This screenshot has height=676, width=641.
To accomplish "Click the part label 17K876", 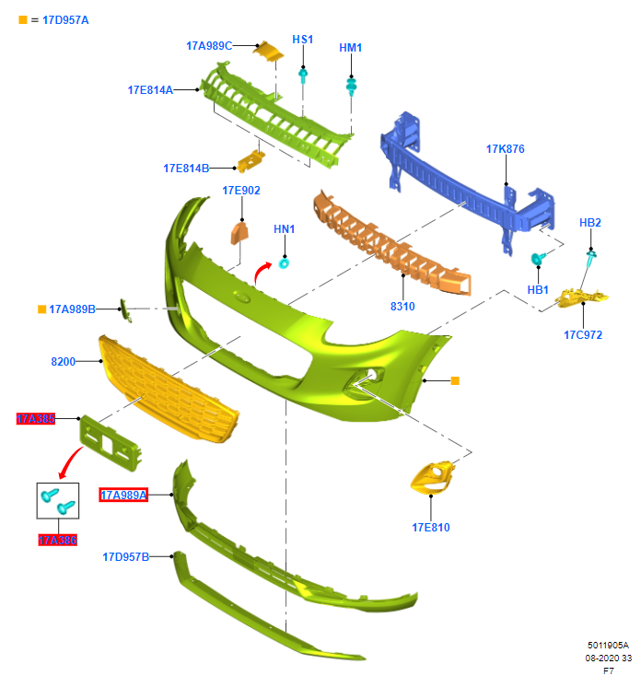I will pyautogui.click(x=505, y=149).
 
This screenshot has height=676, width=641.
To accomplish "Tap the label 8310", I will pyautogui.click(x=402, y=305).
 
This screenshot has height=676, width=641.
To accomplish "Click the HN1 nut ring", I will pyautogui.click(x=285, y=263).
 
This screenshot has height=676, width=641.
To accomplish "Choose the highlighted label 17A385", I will pyautogui.click(x=36, y=418).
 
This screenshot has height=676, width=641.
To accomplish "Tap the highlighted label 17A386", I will pyautogui.click(x=57, y=540).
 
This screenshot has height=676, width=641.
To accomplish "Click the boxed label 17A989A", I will pyautogui.click(x=123, y=495).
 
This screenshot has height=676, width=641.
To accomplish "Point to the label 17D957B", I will pyautogui.click(x=125, y=556).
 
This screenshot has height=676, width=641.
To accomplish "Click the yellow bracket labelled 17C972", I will pyautogui.click(x=584, y=297).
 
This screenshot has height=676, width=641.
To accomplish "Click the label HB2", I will pyautogui.click(x=589, y=223).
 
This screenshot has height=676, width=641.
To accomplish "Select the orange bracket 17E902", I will pyautogui.click(x=239, y=232).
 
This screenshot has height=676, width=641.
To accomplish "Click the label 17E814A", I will pyautogui.click(x=150, y=89).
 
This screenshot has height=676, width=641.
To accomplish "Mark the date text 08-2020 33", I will pyautogui.click(x=609, y=659).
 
